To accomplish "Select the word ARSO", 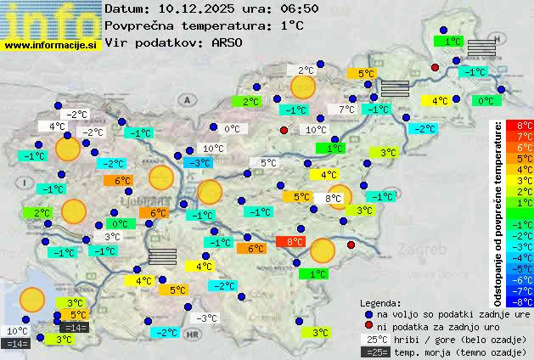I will click(x=231, y=41).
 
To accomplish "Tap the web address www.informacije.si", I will click(x=50, y=45).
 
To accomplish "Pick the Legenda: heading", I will click(x=380, y=303).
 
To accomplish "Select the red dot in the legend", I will click(x=368, y=327).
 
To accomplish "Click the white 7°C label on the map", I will click(x=346, y=110).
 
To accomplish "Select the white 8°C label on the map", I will click(x=333, y=199).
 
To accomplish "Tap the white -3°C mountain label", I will click(x=206, y=318).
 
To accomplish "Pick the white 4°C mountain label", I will click(x=57, y=127).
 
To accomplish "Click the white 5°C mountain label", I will click(x=268, y=163).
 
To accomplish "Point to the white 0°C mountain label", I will click(x=232, y=129).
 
